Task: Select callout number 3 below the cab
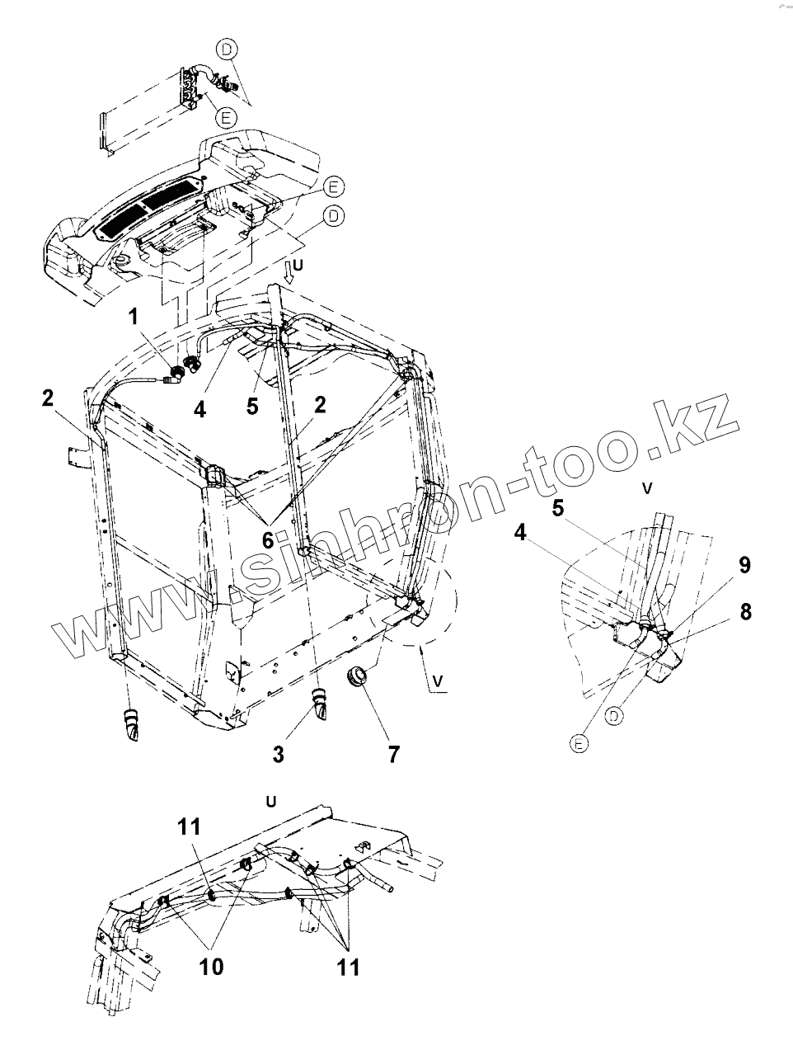tap(278, 752)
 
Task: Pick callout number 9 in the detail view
tap(744, 565)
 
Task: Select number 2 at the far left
tap(48, 398)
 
